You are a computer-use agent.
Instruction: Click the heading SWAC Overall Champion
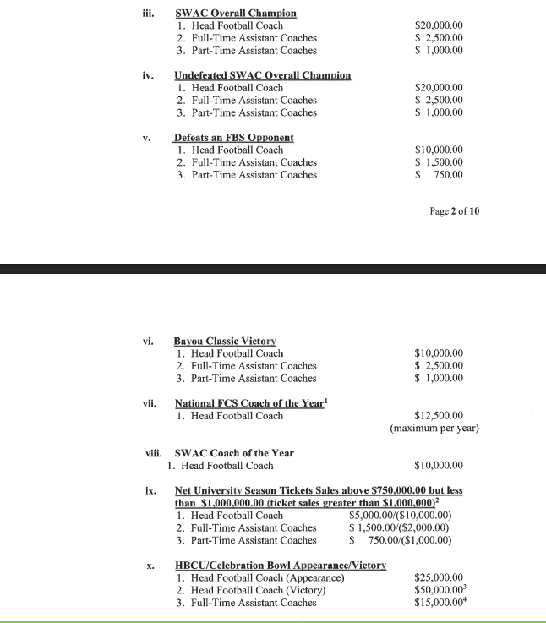(236, 14)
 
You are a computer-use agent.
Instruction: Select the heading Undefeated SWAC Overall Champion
(262, 75)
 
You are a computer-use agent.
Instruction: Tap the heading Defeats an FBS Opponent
(234, 137)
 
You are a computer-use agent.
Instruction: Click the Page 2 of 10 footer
(455, 211)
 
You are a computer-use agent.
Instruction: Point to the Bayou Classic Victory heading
(226, 341)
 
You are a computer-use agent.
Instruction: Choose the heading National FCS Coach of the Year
(250, 403)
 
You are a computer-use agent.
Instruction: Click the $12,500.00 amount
(440, 416)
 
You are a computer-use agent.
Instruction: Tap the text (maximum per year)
(434, 429)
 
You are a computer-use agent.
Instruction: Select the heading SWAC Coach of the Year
(234, 453)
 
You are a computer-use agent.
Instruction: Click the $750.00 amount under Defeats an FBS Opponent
(441, 175)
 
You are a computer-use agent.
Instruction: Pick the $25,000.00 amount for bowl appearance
(440, 577)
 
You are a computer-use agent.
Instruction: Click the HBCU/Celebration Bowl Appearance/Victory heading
(281, 565)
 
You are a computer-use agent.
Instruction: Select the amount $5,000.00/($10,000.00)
(401, 516)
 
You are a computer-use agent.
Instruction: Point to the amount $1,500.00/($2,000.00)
(399, 527)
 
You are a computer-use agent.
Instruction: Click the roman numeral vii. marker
(151, 403)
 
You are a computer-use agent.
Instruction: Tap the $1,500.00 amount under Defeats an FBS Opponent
(440, 162)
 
